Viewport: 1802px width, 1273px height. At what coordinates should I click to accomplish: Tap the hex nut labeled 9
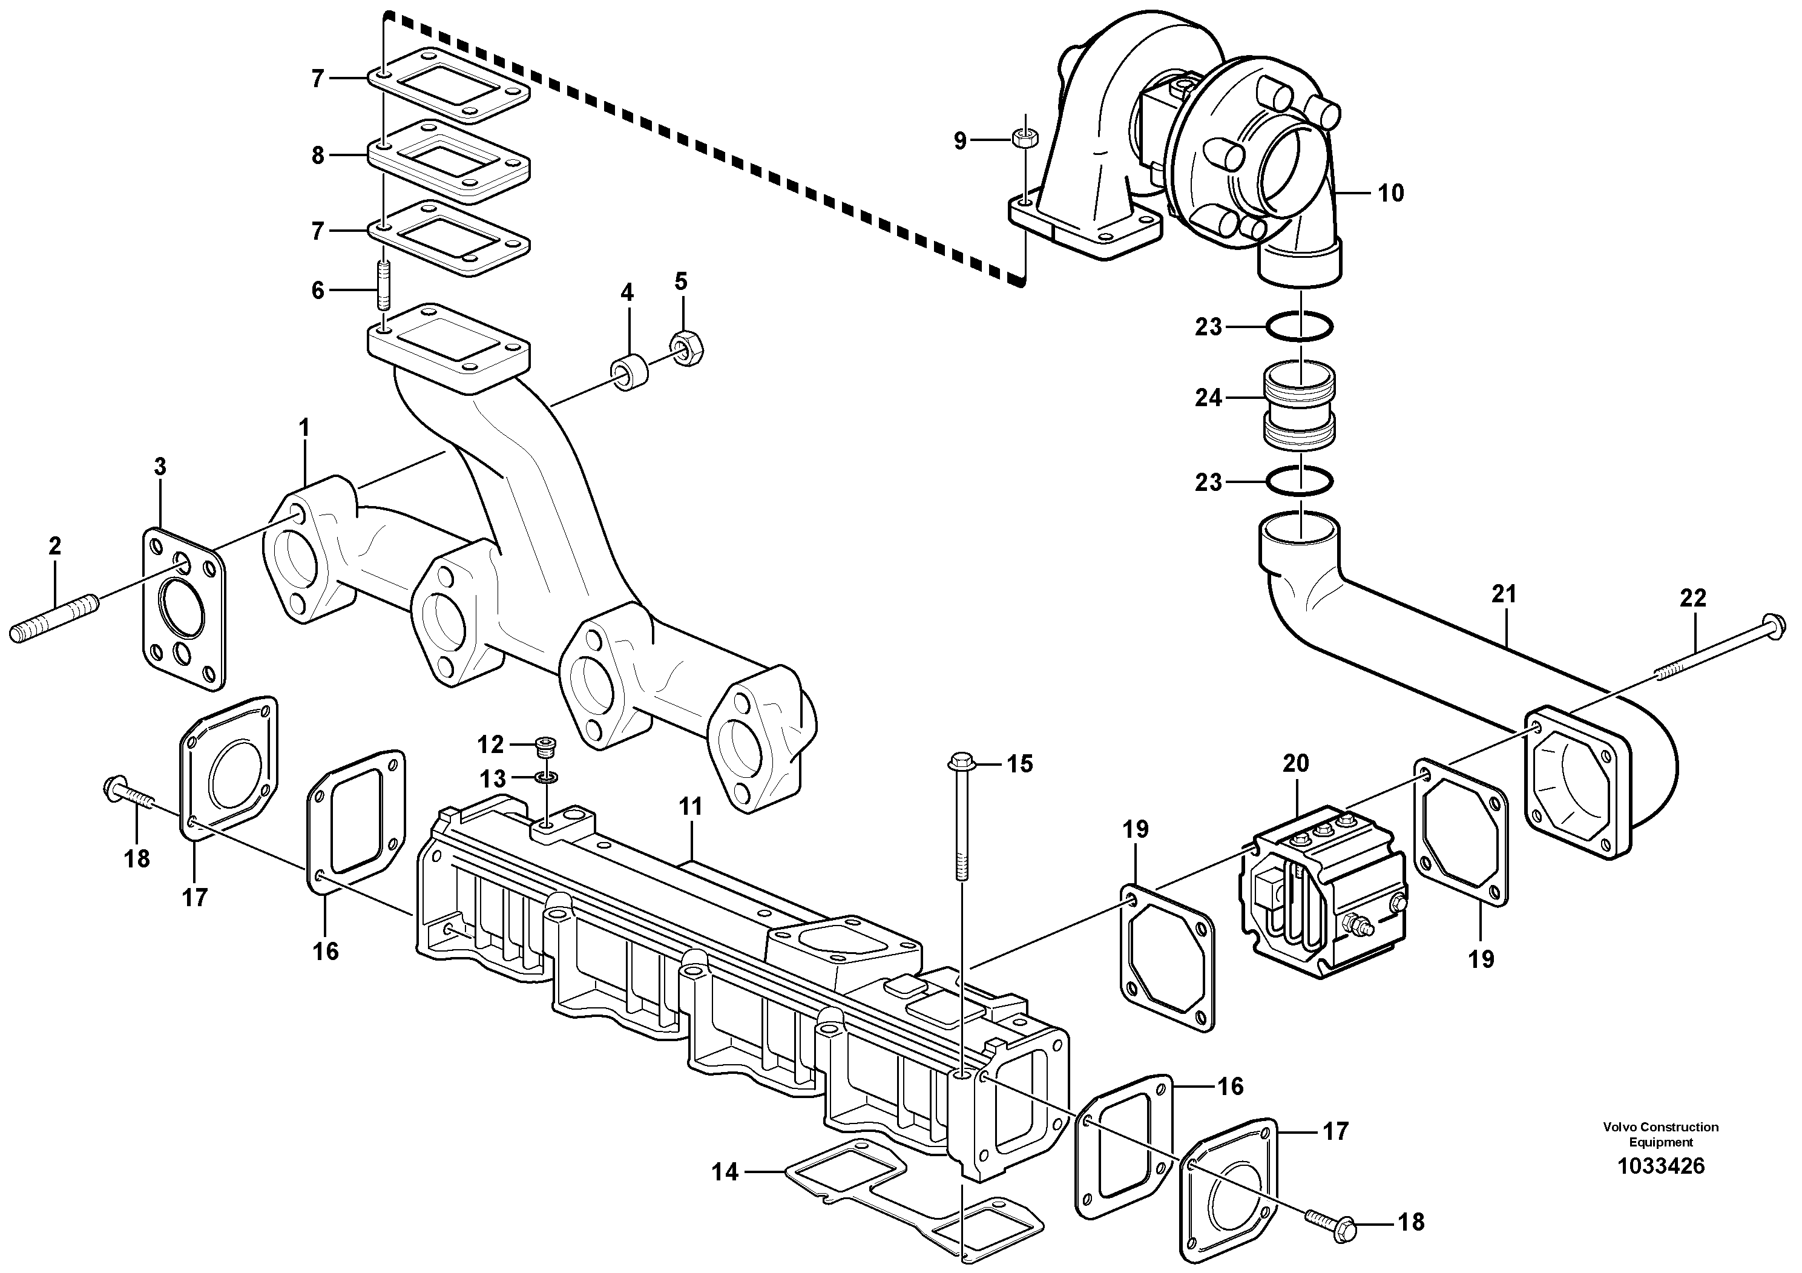coord(1024,139)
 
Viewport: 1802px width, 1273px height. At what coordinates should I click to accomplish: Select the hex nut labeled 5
coord(687,347)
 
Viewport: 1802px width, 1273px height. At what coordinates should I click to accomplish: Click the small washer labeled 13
coord(546,778)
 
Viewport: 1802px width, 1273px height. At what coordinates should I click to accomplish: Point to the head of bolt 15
coord(961,760)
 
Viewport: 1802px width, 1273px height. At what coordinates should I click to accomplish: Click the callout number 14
coord(725,1173)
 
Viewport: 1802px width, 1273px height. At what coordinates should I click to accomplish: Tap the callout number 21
coord(1503,595)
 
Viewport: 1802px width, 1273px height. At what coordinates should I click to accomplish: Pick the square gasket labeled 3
coord(182,611)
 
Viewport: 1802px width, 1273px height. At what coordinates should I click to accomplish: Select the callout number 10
coord(1391,193)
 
